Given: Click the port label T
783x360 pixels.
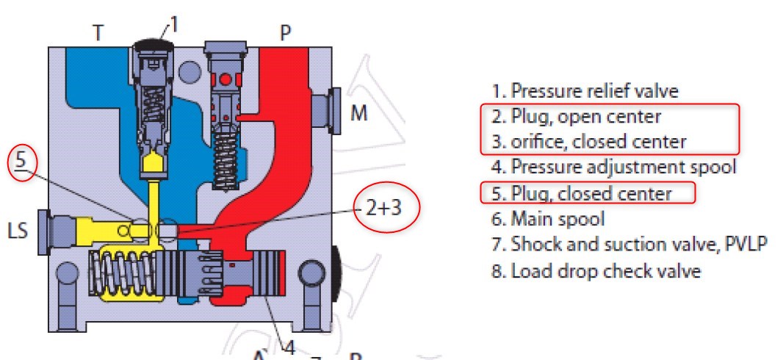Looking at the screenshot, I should point(98,32).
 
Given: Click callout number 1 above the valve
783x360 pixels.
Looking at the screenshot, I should point(175,25).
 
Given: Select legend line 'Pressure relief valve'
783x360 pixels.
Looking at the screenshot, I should point(585,91).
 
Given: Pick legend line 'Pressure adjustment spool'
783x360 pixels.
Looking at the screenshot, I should point(613,167).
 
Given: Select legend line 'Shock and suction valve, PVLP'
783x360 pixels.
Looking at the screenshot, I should point(629,244).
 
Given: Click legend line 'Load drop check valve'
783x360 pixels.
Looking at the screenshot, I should point(596,270).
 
